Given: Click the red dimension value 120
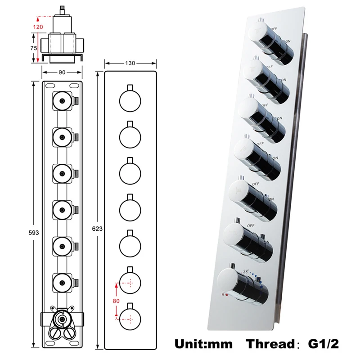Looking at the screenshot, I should (x=39, y=27).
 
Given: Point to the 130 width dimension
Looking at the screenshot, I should (x=130, y=63).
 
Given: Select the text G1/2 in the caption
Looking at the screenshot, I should (x=323, y=344).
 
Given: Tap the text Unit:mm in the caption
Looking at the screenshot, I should (x=203, y=344).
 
